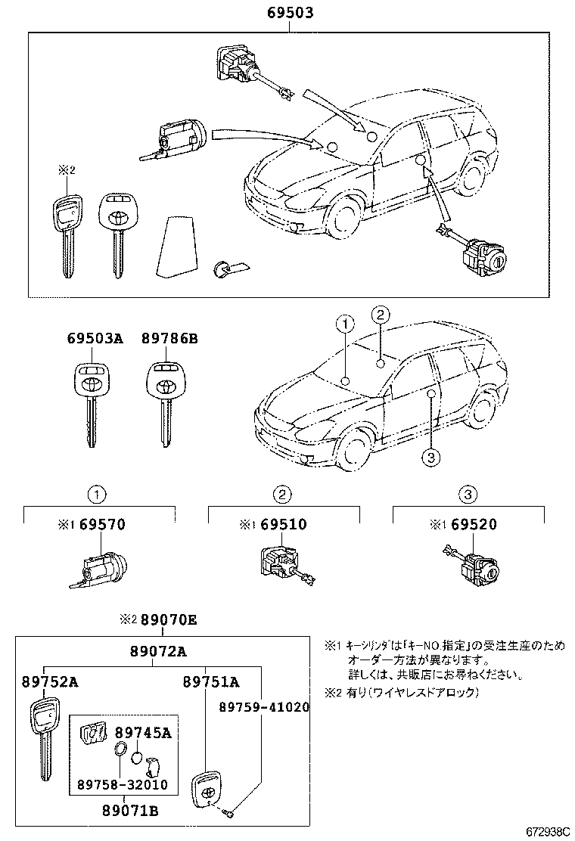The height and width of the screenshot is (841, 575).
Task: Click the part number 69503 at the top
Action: click(290, 13)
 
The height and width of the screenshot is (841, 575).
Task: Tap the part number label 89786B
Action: click(169, 340)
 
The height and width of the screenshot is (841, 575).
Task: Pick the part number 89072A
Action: click(157, 651)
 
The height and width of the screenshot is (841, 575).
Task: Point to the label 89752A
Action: click(49, 681)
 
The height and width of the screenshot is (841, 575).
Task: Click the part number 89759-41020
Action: click(264, 707)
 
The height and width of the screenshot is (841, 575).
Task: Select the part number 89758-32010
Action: click(123, 785)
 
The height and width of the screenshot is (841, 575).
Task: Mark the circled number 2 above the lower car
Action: click(380, 315)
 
